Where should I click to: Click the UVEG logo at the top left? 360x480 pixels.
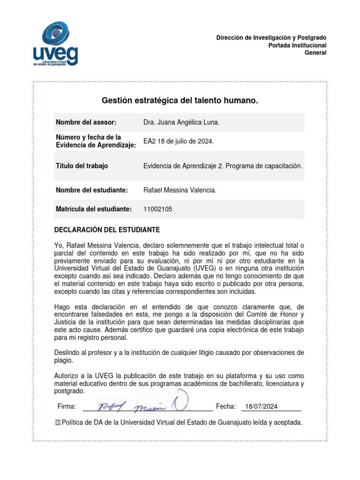[x=55, y=45]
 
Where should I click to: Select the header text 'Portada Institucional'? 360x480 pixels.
[x=297, y=45]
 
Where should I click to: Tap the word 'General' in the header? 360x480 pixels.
[x=315, y=52]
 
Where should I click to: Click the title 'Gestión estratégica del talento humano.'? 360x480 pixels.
[x=180, y=101]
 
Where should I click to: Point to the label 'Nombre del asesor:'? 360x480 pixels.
[x=86, y=122]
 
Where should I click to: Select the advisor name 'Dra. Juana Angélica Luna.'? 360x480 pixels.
[x=181, y=122]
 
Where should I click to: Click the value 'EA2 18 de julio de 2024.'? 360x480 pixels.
[x=178, y=141]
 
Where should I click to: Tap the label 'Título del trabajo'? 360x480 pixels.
[x=82, y=166]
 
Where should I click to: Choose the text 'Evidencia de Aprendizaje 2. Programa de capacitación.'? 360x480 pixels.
[x=223, y=166]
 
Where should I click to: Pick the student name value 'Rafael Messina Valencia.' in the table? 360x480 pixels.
[x=180, y=190]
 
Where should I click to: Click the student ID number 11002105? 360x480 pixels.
[x=157, y=209]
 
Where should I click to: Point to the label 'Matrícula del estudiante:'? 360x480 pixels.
[x=94, y=209]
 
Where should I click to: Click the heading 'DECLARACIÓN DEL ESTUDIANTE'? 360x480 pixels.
[x=107, y=230]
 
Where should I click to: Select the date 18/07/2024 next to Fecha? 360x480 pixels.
[x=262, y=406]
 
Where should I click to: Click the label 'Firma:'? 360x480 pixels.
[x=67, y=406]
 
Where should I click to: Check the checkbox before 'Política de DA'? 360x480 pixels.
[x=58, y=422]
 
